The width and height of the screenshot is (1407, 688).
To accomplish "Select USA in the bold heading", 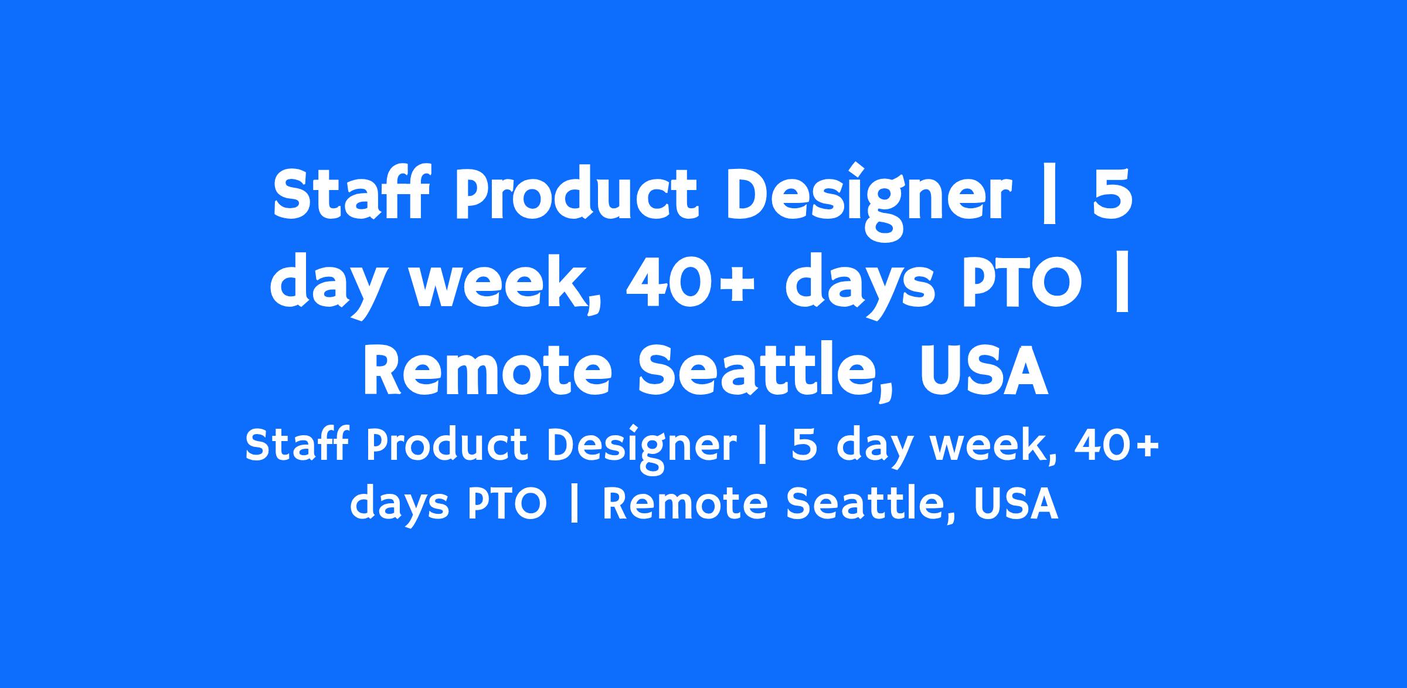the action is coord(984,373).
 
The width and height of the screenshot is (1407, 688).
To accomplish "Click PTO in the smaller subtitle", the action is coord(507,504).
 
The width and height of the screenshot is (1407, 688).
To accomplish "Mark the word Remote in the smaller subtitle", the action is coord(685,504).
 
